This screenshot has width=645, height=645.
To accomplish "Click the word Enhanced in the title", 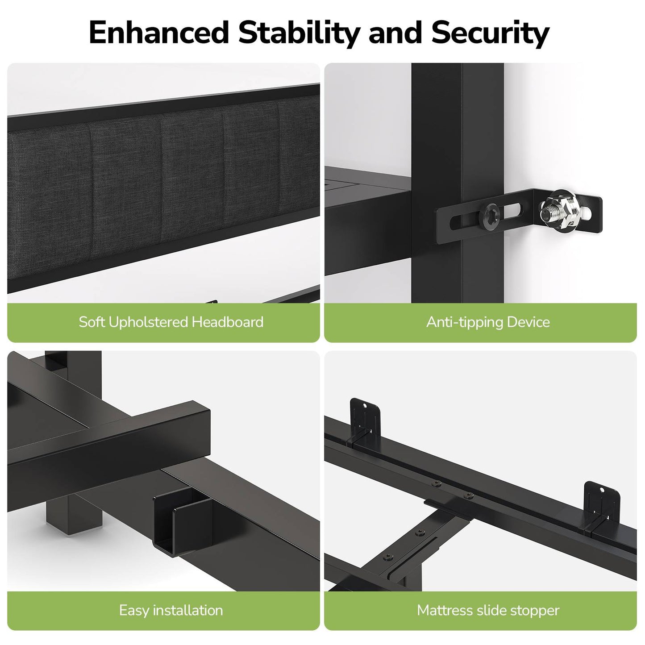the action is (159, 32).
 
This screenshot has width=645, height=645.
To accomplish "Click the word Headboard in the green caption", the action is (228, 322).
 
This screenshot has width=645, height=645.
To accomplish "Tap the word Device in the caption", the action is (528, 322).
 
